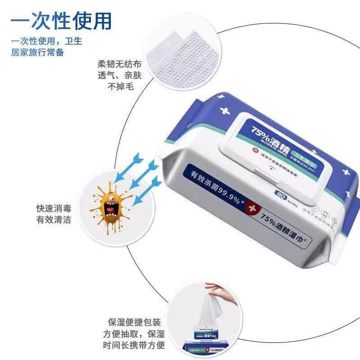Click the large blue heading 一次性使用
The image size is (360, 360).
click(x=61, y=20)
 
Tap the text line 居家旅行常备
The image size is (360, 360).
click(x=37, y=52)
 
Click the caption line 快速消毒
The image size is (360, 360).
click(x=54, y=209)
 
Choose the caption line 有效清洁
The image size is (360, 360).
click(x=54, y=220)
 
